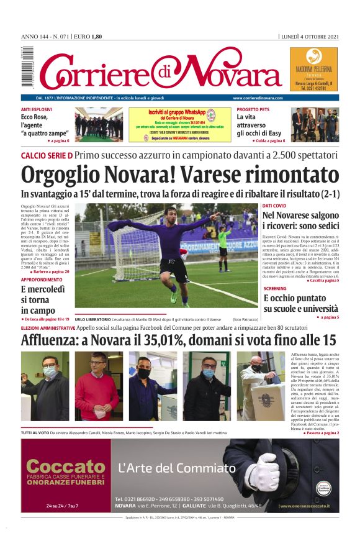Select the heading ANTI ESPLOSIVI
pos(36,109)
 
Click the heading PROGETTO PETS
pos(253,109)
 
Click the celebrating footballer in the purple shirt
pos(173,248)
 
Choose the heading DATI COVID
pos(274,205)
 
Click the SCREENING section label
pos(275,289)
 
